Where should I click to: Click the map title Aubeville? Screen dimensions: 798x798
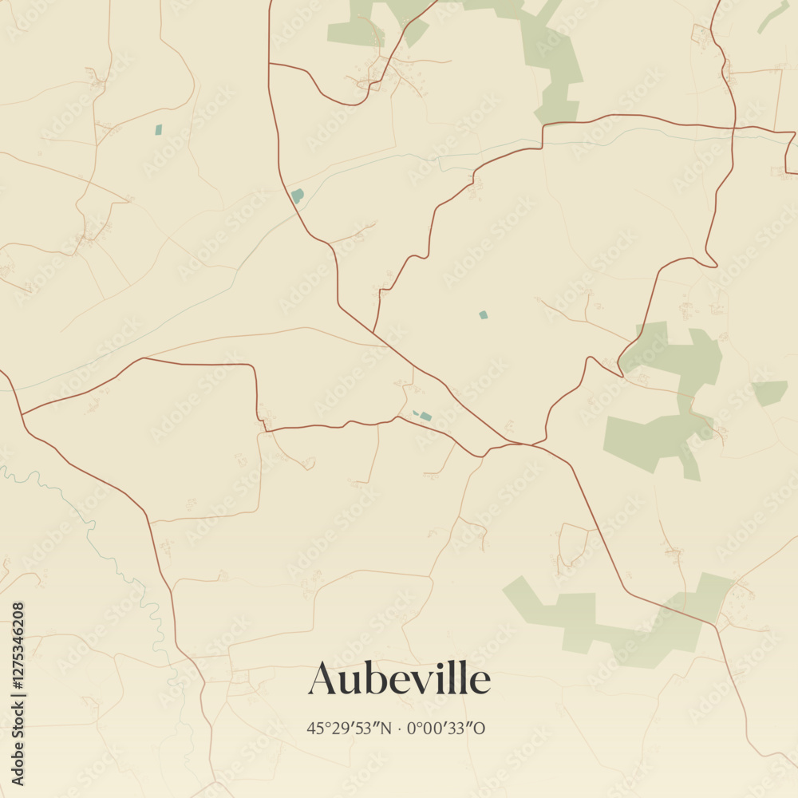(399, 679)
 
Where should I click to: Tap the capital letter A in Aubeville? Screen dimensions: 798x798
(324, 679)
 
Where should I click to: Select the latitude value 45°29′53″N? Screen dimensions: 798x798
(349, 728)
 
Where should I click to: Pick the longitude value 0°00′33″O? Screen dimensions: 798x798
(446, 728)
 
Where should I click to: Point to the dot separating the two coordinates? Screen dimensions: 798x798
(399, 728)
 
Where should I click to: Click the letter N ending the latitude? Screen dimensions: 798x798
(387, 728)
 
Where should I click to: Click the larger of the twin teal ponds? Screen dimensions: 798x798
(426, 417)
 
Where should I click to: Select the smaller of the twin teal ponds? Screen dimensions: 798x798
(415, 413)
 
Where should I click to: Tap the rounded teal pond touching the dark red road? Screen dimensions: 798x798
(298, 196)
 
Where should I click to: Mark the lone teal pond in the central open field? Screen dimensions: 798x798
(483, 315)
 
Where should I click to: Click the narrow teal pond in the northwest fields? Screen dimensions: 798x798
(158, 129)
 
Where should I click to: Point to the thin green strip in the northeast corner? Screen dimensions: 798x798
(772, 17)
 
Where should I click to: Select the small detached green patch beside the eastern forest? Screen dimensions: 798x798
(769, 392)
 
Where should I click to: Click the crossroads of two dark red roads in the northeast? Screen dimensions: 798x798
(733, 127)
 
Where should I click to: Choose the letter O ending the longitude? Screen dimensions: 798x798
(480, 728)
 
